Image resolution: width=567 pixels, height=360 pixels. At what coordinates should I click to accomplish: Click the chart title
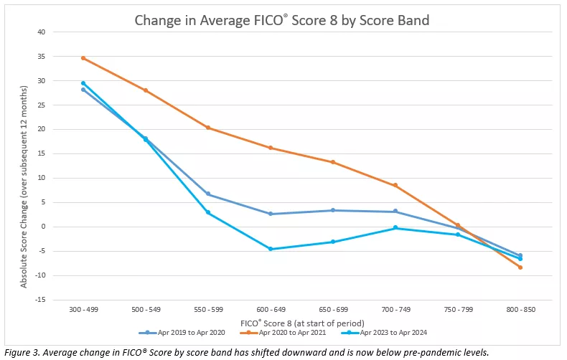282,20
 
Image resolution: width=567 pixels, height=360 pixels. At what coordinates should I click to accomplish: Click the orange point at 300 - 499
83,58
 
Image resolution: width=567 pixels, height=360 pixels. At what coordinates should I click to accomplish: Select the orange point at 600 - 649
271,148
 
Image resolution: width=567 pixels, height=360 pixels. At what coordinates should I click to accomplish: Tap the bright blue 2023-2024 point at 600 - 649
271,249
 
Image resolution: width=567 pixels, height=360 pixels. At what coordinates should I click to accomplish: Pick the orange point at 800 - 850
520,267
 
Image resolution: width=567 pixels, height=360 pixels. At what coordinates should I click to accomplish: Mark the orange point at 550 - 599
208,128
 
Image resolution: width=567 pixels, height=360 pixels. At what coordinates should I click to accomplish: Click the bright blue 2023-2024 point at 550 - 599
208,212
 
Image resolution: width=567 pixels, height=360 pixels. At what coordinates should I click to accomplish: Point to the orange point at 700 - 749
395,185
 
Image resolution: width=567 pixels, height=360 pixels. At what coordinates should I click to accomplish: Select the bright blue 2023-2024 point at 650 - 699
333,242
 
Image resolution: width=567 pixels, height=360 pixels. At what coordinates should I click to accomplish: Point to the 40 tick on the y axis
41,32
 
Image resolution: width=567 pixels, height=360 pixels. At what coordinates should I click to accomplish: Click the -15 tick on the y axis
39,300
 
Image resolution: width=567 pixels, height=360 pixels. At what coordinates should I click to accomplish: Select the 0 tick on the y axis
43,227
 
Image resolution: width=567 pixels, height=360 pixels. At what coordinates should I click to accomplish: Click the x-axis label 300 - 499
83,309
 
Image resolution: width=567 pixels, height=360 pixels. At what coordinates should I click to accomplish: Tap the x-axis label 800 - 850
520,309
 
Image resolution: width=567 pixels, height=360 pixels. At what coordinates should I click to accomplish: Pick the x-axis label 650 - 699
333,309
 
